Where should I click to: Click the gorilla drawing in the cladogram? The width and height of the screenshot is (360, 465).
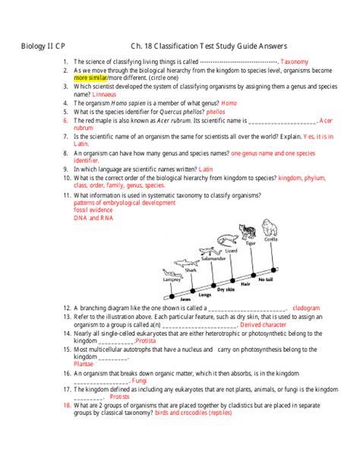[270, 229]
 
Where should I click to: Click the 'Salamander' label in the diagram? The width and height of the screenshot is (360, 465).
[213, 258]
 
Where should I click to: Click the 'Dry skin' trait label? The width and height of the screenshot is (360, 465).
[226, 289]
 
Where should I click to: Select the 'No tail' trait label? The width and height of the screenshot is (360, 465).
[265, 280]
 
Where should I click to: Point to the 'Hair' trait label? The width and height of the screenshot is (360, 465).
[245, 283]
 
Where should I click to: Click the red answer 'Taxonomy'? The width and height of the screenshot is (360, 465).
[294, 61]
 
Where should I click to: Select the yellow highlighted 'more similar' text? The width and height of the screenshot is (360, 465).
[90, 77]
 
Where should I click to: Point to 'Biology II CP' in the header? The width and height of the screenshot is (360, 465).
[43, 45]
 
